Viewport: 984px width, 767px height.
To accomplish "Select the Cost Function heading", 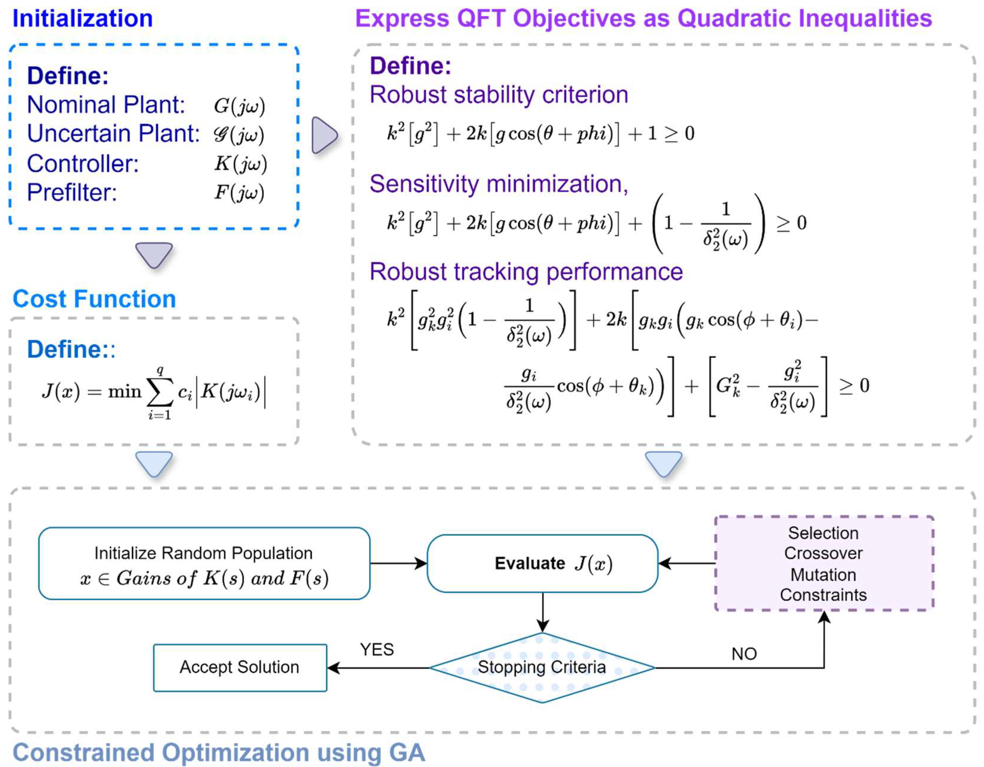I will click(x=94, y=299).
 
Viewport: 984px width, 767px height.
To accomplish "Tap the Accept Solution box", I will click(x=240, y=667).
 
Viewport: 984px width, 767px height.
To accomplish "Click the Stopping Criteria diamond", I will click(x=542, y=667).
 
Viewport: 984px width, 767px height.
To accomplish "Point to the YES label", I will click(x=377, y=650).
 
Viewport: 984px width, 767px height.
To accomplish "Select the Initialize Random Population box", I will click(x=204, y=564).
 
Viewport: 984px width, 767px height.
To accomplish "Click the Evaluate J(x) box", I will click(x=543, y=564).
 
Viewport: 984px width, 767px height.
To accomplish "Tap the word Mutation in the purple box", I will click(x=823, y=575).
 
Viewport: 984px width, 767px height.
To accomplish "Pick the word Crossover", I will click(x=823, y=553).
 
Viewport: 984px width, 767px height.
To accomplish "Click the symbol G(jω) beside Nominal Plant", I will click(x=239, y=106).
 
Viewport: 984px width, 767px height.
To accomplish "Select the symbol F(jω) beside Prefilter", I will click(x=239, y=193).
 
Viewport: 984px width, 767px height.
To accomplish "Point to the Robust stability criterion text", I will click(x=499, y=95).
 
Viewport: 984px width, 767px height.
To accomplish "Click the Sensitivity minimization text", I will click(x=499, y=184).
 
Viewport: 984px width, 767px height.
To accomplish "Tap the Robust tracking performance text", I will click(x=526, y=272).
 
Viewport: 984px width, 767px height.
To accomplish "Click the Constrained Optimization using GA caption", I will click(x=219, y=752).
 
